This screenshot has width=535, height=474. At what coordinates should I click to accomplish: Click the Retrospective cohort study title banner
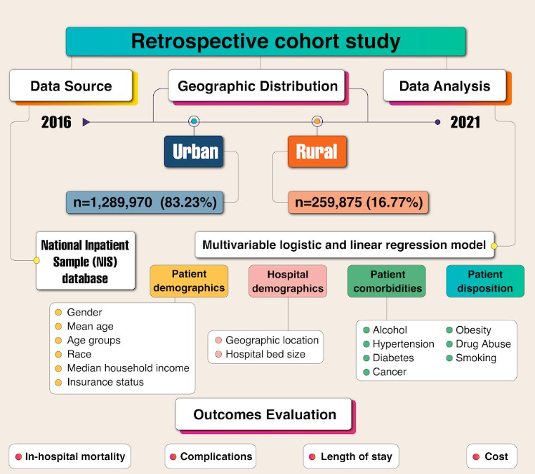coord(266,41)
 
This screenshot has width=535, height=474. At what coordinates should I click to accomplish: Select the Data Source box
coord(71,86)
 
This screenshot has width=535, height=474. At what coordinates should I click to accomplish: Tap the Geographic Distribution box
coord(256,86)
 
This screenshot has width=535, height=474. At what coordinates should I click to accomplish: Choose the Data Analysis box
coord(444,86)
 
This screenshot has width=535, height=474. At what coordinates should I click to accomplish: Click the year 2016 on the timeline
coord(56,122)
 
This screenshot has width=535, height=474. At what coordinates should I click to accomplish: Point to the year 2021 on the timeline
coord(465,122)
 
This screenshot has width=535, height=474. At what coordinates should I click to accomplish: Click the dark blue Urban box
coord(194,151)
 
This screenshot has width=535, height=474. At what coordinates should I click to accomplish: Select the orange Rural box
coord(317,151)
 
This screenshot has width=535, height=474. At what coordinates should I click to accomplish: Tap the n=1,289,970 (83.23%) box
coord(145,203)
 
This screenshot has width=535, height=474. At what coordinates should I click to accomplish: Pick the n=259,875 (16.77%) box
coord(358,203)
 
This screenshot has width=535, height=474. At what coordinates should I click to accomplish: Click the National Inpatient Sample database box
coord(85,262)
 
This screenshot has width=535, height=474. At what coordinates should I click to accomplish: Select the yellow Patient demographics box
coord(189,281)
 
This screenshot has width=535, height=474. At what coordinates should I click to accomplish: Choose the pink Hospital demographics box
coord(288,281)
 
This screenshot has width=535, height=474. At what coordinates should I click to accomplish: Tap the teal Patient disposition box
coord(485,281)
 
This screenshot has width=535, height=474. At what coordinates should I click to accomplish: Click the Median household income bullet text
coord(128,368)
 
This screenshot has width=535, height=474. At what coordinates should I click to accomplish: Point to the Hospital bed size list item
coord(265,354)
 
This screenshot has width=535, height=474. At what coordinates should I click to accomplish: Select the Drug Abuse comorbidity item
coord(483,344)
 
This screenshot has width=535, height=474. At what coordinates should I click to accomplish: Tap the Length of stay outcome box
coord(351,456)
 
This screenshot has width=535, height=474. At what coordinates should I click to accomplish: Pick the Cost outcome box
coord(491,456)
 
